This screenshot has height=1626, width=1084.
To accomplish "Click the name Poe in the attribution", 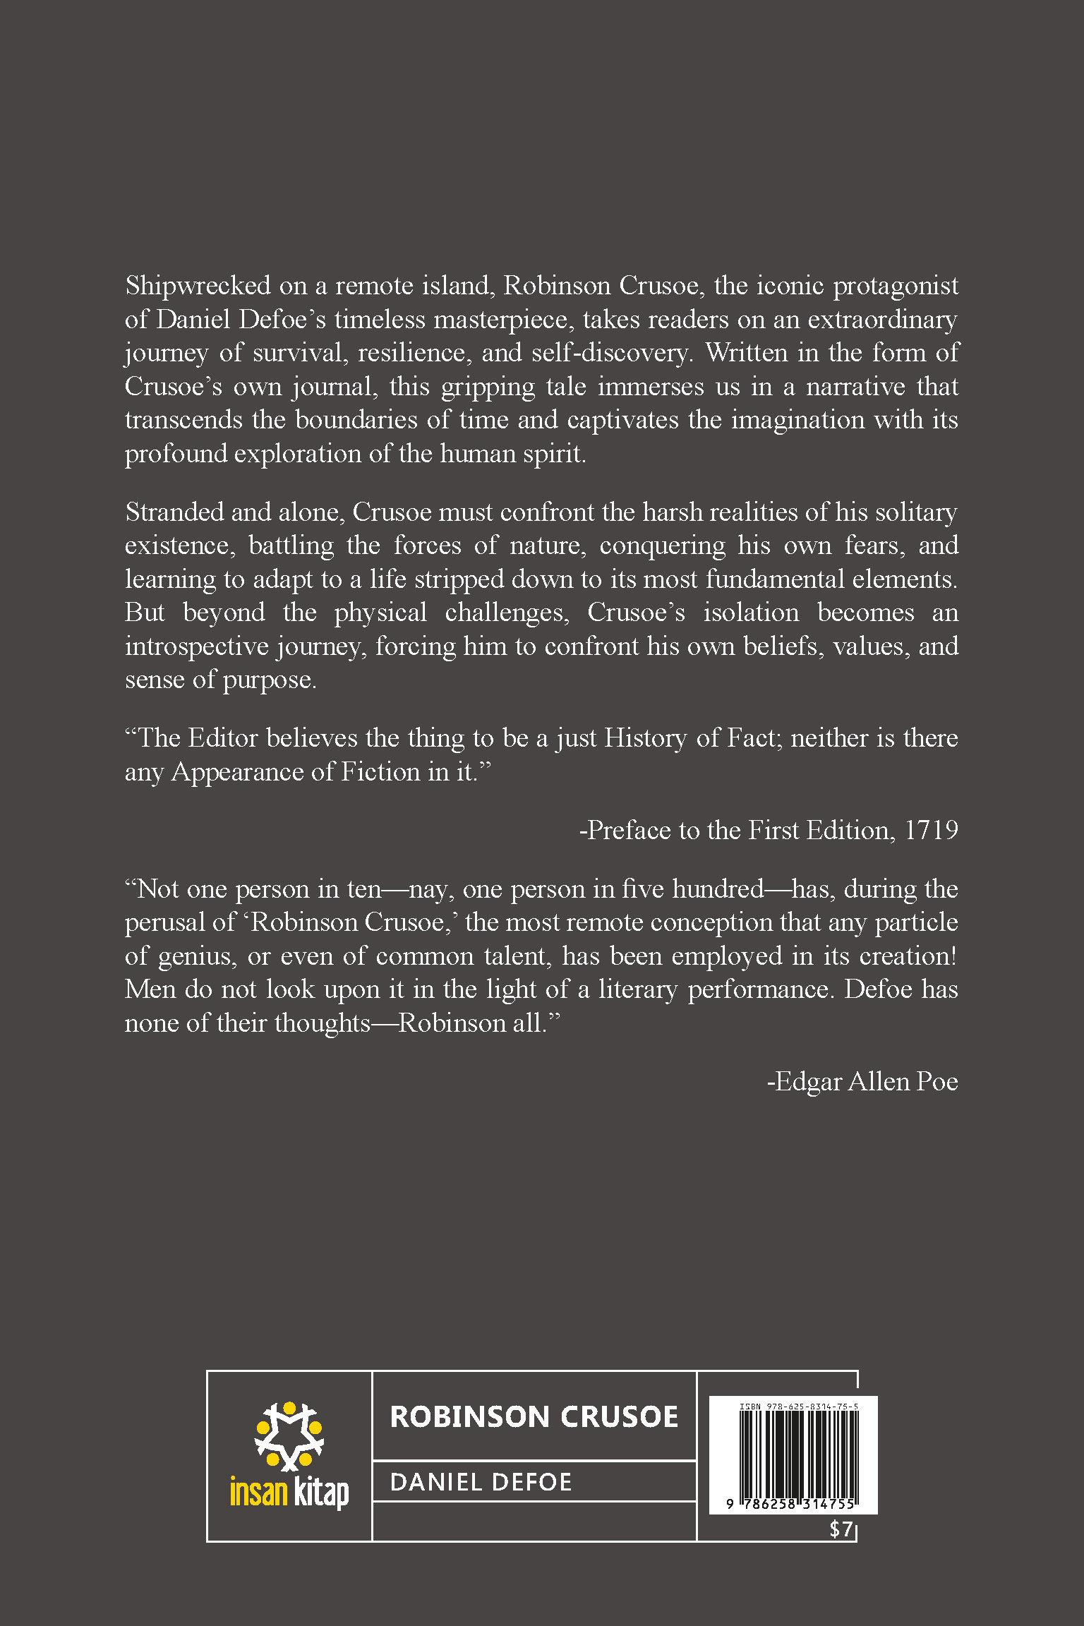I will click(x=937, y=1082).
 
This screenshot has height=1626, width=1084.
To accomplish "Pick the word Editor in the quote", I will click(x=224, y=738).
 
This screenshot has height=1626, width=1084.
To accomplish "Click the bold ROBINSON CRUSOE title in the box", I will click(x=534, y=1416).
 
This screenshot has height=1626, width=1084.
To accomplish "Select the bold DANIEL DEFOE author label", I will click(x=481, y=1481).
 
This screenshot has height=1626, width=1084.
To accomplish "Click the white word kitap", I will click(x=318, y=1494).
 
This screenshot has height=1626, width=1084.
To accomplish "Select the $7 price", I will click(x=842, y=1529).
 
